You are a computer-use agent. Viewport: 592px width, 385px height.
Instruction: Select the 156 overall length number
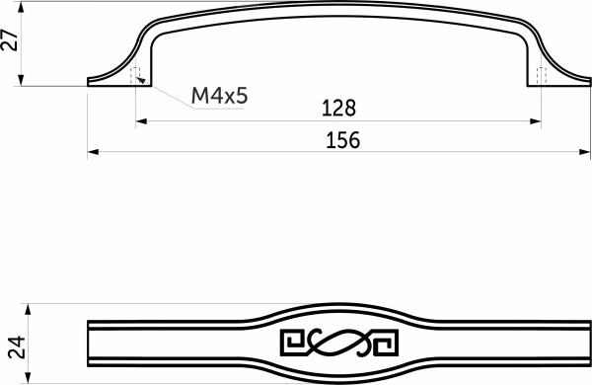(341, 140)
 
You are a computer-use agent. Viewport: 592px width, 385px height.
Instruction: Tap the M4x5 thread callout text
(218, 96)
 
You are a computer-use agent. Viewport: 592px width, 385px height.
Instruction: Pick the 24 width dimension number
(13, 346)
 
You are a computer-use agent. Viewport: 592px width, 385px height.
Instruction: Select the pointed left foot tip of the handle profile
(90, 83)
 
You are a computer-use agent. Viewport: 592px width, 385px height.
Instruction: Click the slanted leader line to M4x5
(168, 96)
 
